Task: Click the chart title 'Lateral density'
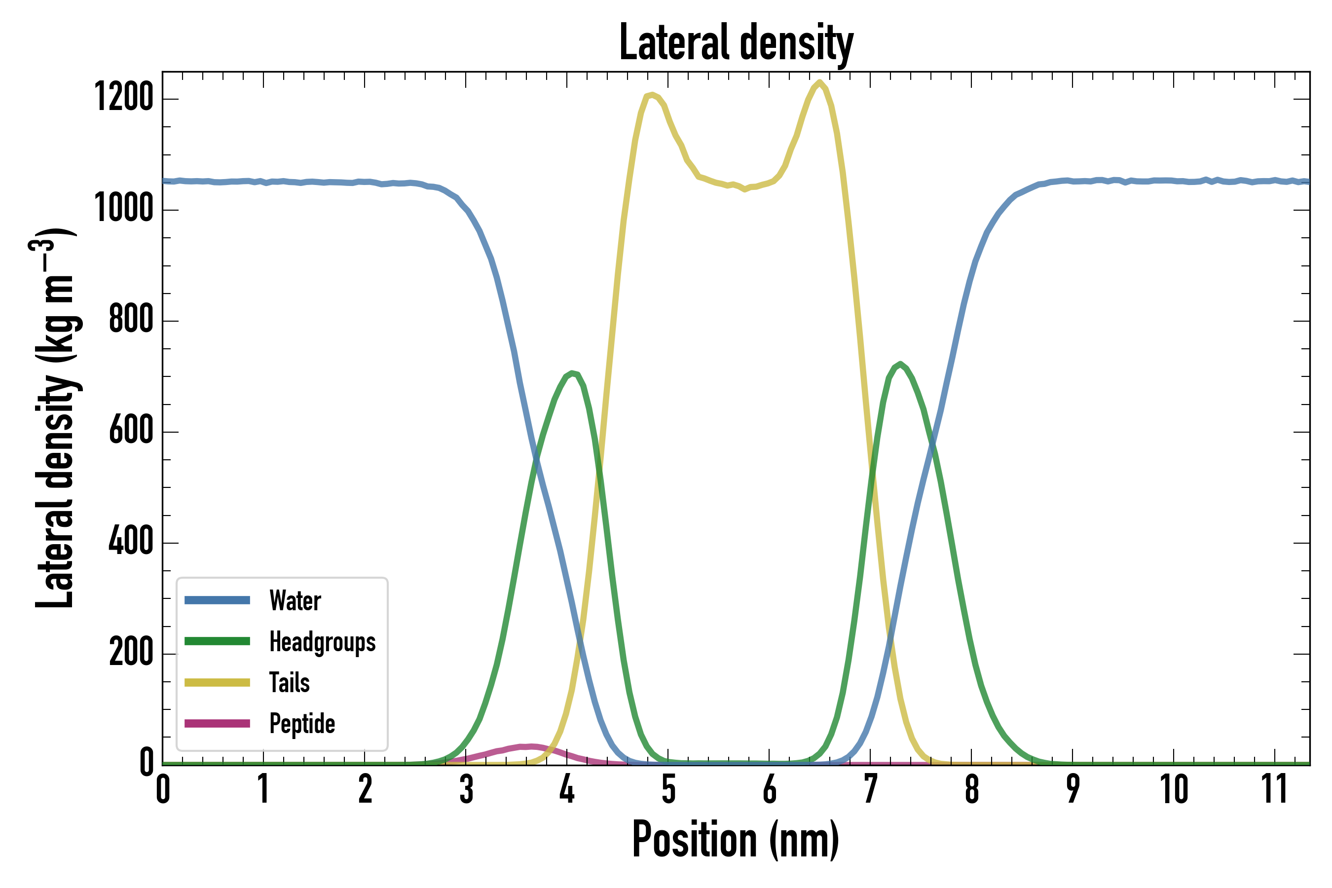tap(736, 42)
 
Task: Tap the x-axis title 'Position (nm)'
tap(736, 840)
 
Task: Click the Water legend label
tap(295, 601)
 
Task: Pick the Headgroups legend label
tap(322, 642)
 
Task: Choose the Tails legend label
tap(290, 683)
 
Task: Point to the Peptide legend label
tap(302, 724)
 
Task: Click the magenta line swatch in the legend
tap(217, 723)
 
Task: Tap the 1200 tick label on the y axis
tap(124, 97)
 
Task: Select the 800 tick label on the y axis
tap(131, 319)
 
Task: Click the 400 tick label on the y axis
tap(131, 541)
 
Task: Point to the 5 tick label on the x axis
tap(668, 789)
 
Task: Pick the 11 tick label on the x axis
tap(1275, 789)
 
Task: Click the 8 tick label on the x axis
tap(972, 789)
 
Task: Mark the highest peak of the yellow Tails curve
tap(819, 82)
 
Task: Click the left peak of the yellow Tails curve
tap(652, 95)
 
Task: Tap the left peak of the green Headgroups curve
tap(573, 372)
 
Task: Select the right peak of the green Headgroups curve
tap(900, 364)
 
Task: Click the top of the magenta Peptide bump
tap(529, 746)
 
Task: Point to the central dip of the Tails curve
tap(745, 190)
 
